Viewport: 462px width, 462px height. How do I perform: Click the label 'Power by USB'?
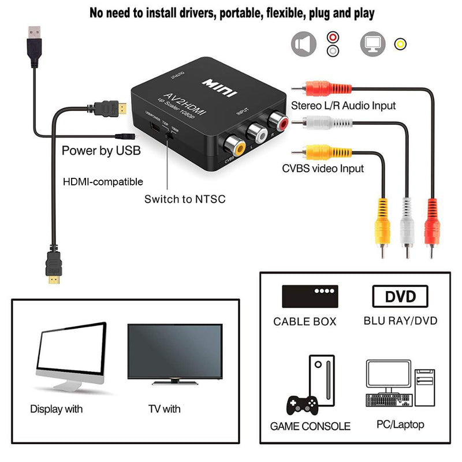[x=100, y=151]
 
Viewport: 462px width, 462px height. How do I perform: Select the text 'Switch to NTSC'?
[x=185, y=199]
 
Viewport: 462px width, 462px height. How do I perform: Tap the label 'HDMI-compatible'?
[x=103, y=181]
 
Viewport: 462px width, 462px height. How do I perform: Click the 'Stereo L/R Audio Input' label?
[x=343, y=106]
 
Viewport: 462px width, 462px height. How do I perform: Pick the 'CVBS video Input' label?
[x=323, y=169]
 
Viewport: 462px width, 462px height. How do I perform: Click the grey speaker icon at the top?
[x=304, y=44]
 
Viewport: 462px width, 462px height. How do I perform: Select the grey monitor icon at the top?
[x=372, y=43]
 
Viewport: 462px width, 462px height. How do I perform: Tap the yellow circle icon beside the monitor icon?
[x=399, y=44]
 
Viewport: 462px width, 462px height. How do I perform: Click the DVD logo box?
[x=401, y=297]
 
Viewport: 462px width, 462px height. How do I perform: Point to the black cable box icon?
[x=310, y=296]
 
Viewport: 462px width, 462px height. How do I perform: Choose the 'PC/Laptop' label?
[x=400, y=424]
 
